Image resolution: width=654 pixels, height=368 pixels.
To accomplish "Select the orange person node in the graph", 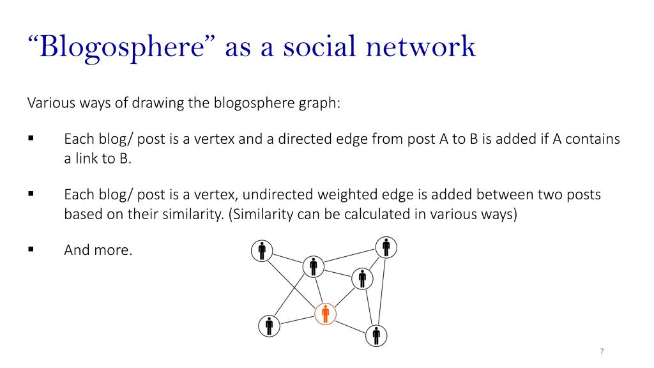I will click(326, 314).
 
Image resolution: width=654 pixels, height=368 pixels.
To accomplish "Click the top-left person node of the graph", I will click(262, 251).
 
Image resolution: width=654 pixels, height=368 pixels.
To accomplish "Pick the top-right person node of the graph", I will click(386, 247).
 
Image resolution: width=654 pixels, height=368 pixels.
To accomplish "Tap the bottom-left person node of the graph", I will click(270, 326).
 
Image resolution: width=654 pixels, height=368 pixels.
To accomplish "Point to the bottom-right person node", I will click(377, 335).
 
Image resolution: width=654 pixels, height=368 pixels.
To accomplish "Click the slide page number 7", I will click(602, 351).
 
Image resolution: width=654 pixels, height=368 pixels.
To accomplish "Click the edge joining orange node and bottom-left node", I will click(298, 320).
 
